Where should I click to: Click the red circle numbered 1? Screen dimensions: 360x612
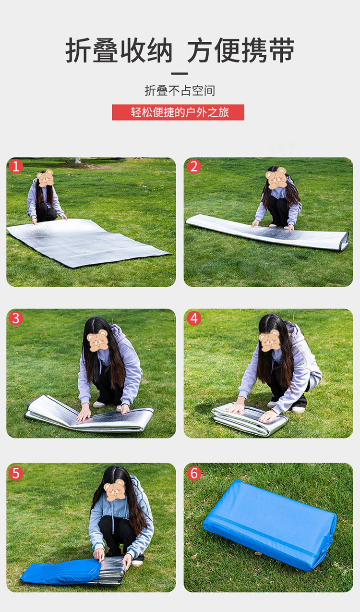pos(16,166)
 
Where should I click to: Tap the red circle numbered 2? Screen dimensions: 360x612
pos(194,166)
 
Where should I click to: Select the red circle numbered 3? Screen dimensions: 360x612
pos(16,318)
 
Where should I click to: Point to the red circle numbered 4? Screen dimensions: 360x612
pos(194,318)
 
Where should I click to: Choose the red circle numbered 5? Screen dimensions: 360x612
pos(16,474)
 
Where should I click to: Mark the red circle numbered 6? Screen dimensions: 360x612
pos(194,474)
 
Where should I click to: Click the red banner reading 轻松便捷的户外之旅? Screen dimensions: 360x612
pos(178,112)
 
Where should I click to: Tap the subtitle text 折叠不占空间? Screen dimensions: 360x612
pos(180,90)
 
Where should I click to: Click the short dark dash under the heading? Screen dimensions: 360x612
pos(180,73)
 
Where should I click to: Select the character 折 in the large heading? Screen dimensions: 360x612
pos(78,50)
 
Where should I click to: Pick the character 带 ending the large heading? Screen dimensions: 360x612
pos(282,50)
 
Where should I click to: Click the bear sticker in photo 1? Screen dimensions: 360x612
pos(45,178)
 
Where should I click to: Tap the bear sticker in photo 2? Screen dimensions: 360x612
pos(276,178)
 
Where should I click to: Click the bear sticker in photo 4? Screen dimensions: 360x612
pos(270,341)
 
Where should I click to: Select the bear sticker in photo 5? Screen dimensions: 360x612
pos(115,490)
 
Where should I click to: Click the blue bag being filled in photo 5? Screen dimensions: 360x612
pos(60,571)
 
